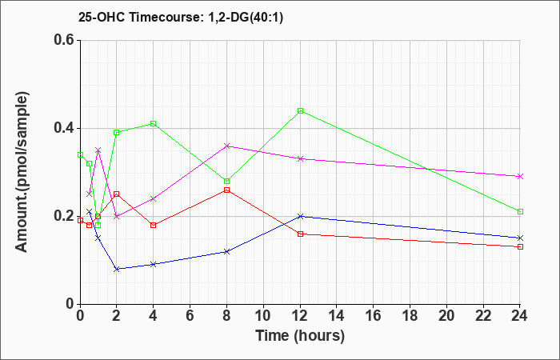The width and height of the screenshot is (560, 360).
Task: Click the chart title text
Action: (181, 18)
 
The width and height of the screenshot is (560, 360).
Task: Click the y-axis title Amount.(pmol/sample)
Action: (22, 172)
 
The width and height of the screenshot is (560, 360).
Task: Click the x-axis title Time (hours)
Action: (300, 336)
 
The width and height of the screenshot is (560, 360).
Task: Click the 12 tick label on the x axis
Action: (300, 316)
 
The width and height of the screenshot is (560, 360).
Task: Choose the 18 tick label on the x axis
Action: (410, 316)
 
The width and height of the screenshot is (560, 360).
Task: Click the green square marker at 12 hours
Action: (300, 110)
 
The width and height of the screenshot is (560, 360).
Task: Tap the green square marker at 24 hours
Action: (520, 211)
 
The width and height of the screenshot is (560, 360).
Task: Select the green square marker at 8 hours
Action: (226, 181)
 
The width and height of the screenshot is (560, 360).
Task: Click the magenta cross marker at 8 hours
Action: (226, 146)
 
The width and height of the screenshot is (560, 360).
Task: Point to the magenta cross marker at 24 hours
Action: (520, 177)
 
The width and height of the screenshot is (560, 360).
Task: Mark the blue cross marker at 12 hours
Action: (300, 216)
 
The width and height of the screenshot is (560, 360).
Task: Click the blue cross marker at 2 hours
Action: (117, 269)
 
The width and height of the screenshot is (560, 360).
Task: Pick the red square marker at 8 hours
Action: (226, 190)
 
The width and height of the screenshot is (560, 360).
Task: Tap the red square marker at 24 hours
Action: (520, 246)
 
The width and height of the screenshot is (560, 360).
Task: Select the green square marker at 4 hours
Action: (154, 123)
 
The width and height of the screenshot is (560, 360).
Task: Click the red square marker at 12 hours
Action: (300, 234)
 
